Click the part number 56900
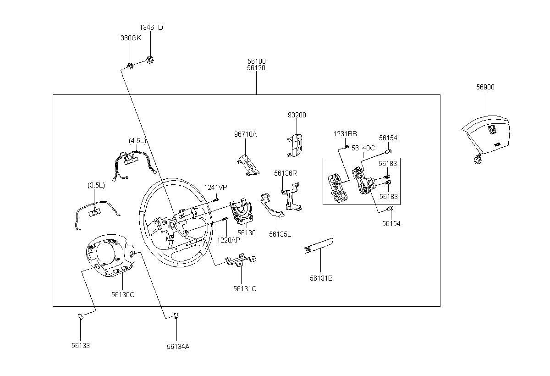tap(485, 87)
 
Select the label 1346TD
tap(151, 28)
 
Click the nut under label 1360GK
tap(130, 66)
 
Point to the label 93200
tap(297, 115)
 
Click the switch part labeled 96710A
tap(248, 165)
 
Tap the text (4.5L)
tap(137, 141)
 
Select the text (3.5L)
tap(96, 185)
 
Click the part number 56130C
tap(123, 295)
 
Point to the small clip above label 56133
tap(81, 316)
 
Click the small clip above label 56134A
tap(176, 315)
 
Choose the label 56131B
tap(321, 278)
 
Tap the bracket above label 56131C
tap(241, 260)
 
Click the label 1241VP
tap(215, 188)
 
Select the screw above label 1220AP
tap(225, 219)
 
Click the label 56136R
tap(286, 173)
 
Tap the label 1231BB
tap(345, 134)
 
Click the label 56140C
tap(363, 148)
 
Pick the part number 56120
tap(256, 68)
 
